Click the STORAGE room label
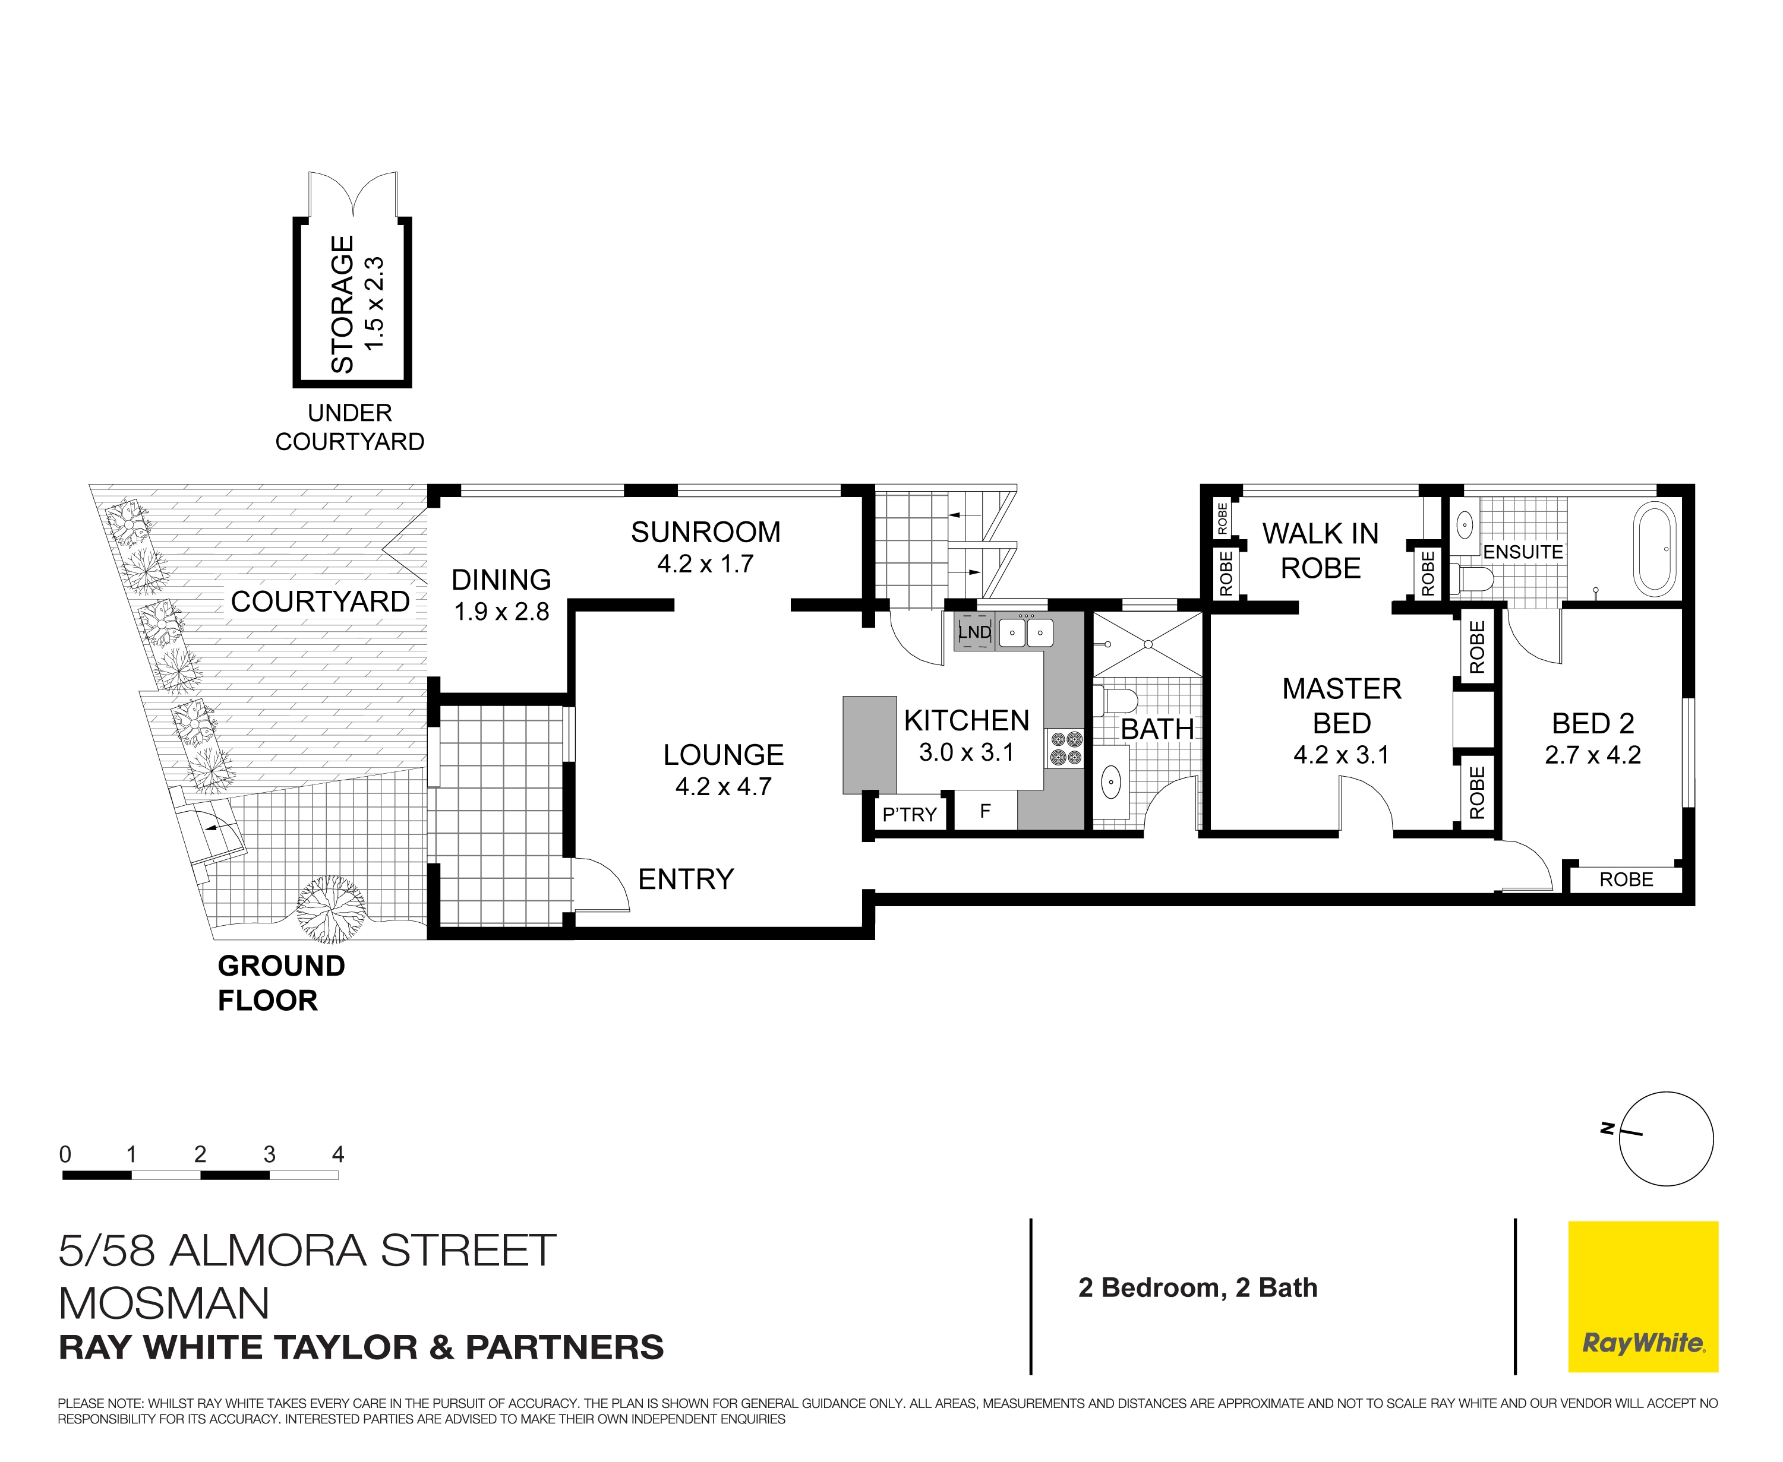point(342,304)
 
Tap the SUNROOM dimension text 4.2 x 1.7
point(705,564)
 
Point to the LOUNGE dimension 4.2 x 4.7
point(723,787)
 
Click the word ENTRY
point(686,879)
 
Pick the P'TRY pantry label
point(909,814)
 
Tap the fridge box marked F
point(985,811)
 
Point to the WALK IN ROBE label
point(1320,551)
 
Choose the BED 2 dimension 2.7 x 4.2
point(1592,755)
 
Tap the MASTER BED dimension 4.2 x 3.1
point(1342,755)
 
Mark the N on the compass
point(1608,1128)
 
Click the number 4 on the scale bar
point(338,1154)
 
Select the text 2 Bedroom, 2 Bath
point(1197,1287)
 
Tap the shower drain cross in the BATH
point(1148,644)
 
